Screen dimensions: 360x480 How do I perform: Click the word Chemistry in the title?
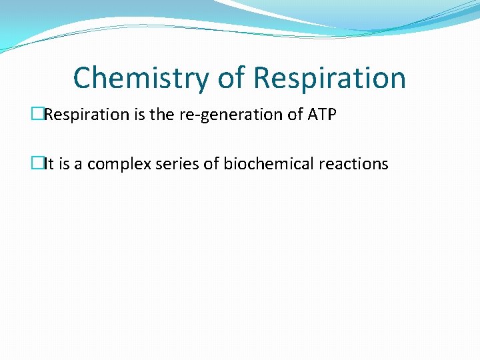[141, 78]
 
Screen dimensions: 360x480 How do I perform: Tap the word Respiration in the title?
[329, 78]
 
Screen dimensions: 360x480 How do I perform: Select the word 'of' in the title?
[231, 78]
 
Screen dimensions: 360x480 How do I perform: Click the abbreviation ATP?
[322, 115]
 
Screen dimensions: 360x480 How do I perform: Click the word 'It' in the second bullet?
[49, 164]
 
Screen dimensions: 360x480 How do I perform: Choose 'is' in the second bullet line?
[65, 164]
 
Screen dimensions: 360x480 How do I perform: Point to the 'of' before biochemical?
[211, 164]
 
